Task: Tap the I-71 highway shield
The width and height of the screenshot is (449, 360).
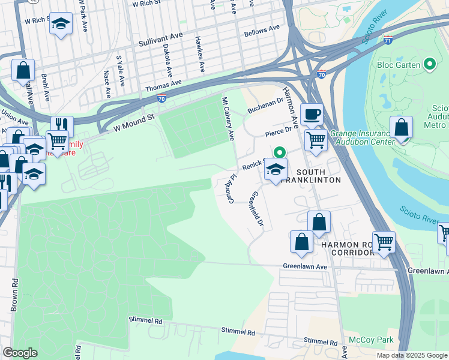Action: (388, 40)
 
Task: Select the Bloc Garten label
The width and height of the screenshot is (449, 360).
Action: (398, 64)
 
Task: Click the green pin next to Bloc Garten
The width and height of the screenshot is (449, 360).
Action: (429, 64)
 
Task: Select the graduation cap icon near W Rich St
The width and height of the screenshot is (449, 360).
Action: (60, 23)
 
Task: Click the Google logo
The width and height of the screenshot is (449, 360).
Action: (20, 353)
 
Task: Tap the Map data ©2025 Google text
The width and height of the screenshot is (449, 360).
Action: (411, 355)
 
